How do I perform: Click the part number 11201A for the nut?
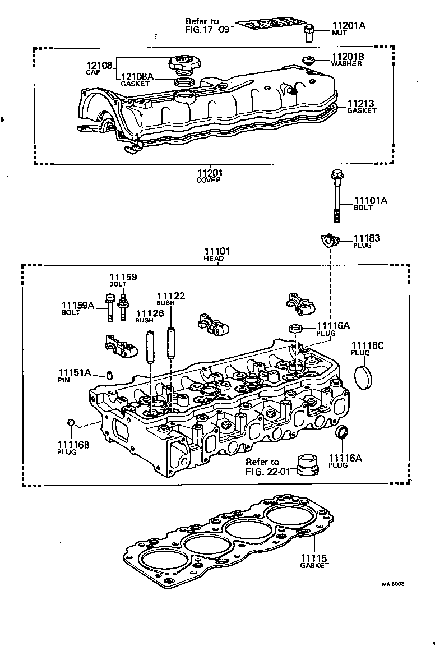click(348, 26)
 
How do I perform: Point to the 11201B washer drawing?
click(307, 59)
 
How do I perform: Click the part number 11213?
click(361, 104)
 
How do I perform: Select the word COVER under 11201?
click(209, 180)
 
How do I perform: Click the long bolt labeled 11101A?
click(336, 196)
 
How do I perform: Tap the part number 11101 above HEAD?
click(217, 251)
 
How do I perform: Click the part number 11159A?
click(79, 306)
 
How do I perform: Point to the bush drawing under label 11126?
click(150, 348)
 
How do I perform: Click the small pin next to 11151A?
click(110, 375)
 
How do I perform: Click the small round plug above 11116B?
click(71, 422)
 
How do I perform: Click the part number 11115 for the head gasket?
click(313, 559)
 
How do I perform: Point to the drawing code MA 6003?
click(393, 583)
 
